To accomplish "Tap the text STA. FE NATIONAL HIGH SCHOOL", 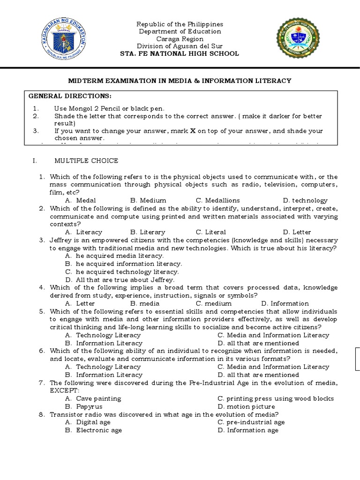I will point(180,53).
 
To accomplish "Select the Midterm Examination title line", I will point(180,81).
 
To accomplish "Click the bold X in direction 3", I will point(192,131).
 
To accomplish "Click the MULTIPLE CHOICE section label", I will point(86,161).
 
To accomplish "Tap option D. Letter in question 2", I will point(297,232).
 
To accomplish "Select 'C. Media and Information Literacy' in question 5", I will point(273,335).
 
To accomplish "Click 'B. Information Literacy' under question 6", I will point(104,375).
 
